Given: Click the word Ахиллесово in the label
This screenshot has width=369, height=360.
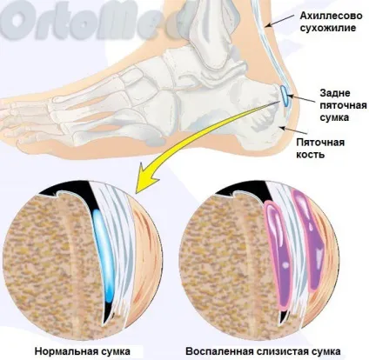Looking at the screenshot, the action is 331,16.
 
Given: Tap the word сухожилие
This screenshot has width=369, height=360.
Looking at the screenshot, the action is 328,28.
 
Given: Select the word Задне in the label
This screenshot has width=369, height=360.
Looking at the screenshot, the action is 335,93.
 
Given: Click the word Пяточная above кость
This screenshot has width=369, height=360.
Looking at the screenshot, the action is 320,143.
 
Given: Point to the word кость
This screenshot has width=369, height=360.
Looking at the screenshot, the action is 310,155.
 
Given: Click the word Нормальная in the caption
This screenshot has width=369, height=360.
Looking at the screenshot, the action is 64,351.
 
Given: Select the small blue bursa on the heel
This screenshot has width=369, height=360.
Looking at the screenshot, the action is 285,96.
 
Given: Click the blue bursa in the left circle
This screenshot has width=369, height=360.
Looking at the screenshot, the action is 104,254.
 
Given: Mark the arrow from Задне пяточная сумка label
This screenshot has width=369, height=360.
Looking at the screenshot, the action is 302,98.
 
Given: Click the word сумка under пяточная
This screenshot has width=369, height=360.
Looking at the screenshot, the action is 334,117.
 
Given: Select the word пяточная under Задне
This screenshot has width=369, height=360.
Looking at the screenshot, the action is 344,105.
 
